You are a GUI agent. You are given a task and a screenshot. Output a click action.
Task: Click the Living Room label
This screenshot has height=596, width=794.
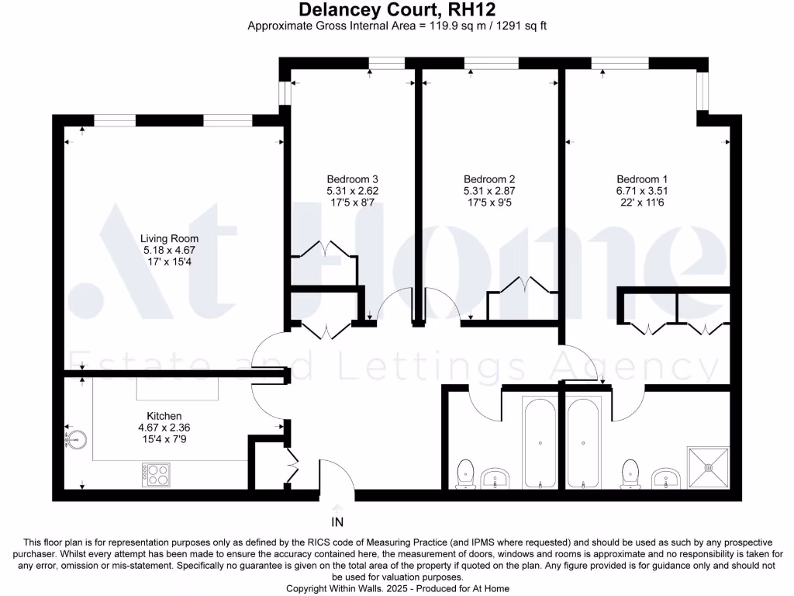coord(169,239)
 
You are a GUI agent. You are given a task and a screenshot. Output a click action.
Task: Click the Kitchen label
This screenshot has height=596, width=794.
coord(164,417)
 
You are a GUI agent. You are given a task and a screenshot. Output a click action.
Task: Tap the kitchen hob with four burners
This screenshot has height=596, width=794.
coord(155,474)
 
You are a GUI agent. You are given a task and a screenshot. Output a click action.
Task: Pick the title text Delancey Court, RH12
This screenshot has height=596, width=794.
coord(397,10)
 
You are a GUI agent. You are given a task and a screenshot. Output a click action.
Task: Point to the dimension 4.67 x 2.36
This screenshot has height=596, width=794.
coord(164,428)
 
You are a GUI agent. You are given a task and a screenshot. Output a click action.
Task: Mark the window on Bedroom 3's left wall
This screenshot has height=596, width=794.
coord(285,92)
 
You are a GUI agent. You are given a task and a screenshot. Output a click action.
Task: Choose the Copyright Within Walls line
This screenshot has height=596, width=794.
coord(397,589)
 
